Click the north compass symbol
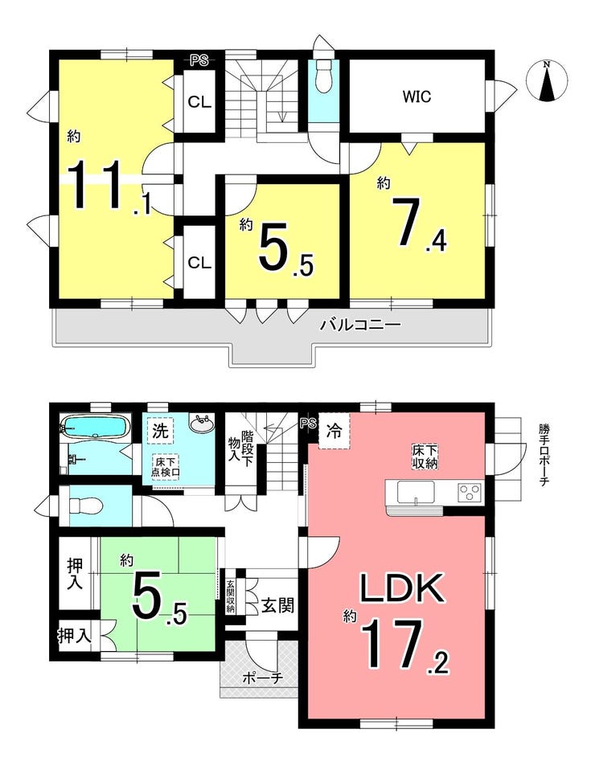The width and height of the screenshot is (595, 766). click(x=548, y=80)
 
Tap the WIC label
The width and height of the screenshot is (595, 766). click(x=416, y=96)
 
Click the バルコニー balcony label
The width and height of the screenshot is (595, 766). click(x=360, y=325)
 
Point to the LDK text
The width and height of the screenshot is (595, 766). click(x=401, y=588)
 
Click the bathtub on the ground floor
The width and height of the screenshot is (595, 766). click(x=95, y=428)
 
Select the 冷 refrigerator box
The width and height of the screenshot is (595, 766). click(x=334, y=431)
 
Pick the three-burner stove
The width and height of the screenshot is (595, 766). click(x=470, y=492)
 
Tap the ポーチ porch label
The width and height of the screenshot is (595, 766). click(x=262, y=678)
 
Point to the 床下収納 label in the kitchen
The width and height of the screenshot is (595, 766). click(x=424, y=457)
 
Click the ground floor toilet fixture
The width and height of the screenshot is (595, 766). click(x=85, y=506)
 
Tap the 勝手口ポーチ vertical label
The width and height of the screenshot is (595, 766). click(x=544, y=454)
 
